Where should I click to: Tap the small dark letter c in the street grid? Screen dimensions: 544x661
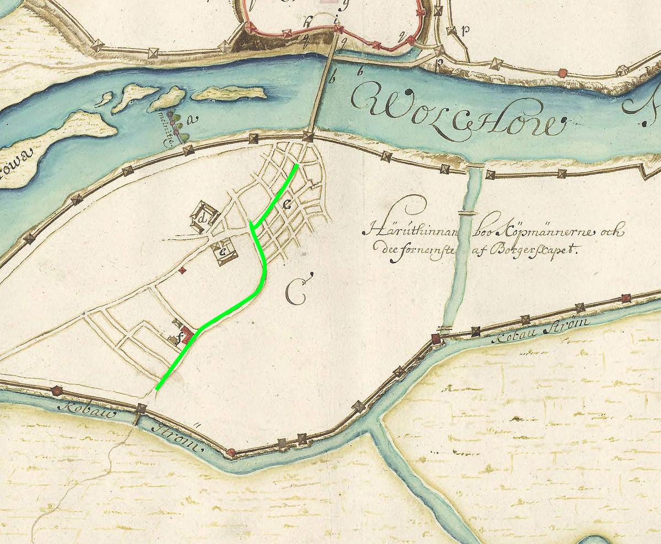pos(287,205)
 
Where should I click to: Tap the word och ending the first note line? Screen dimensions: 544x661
pos(613,233)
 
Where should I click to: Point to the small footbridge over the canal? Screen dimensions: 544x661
pos(466,212)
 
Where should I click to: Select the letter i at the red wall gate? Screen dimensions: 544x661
pos(337,20)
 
